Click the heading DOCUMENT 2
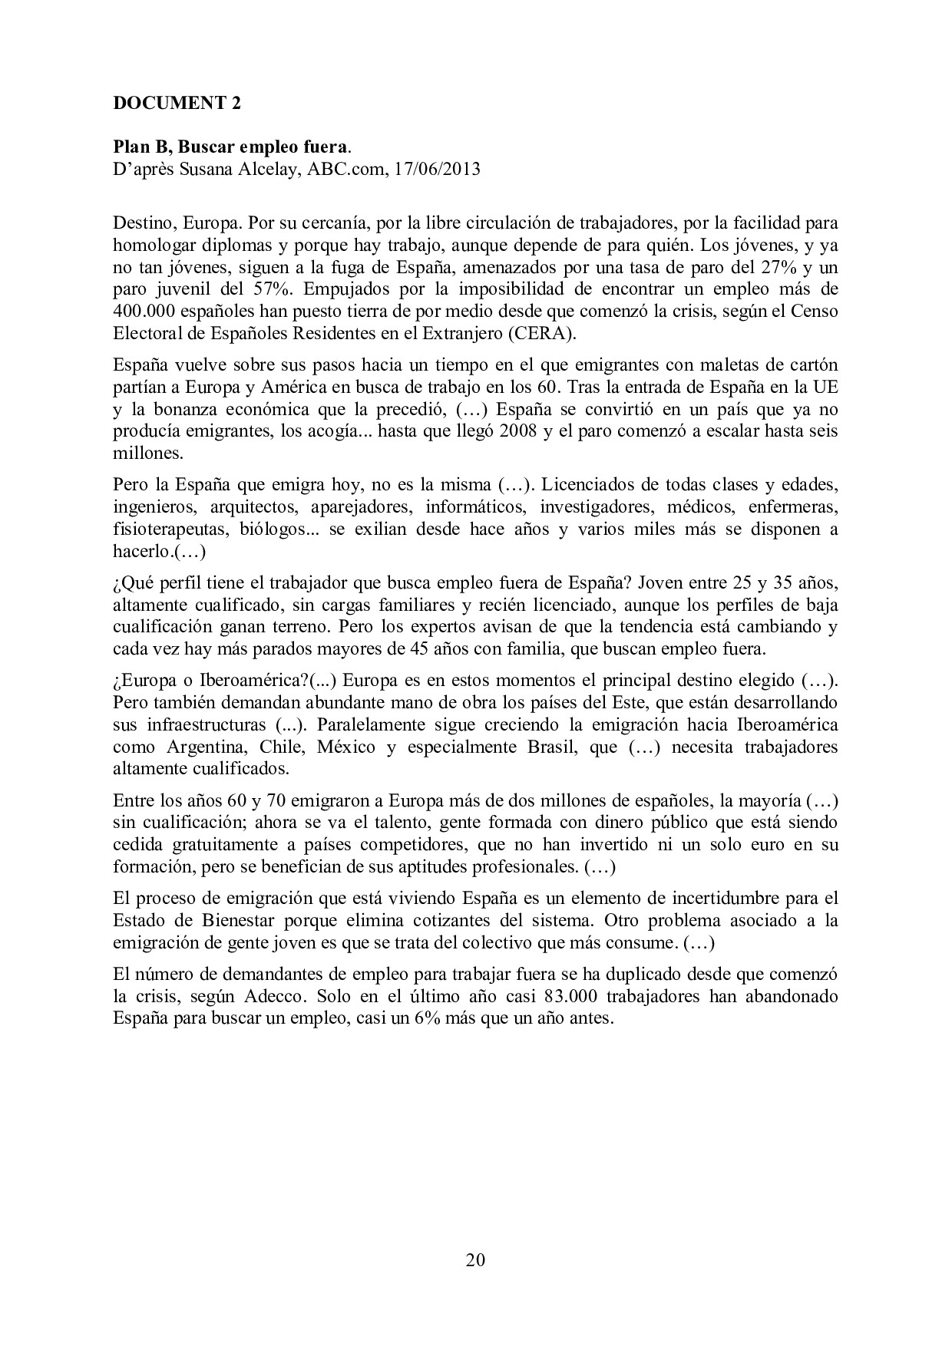pos(177,104)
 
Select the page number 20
pos(475,1259)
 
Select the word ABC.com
pos(345,169)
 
